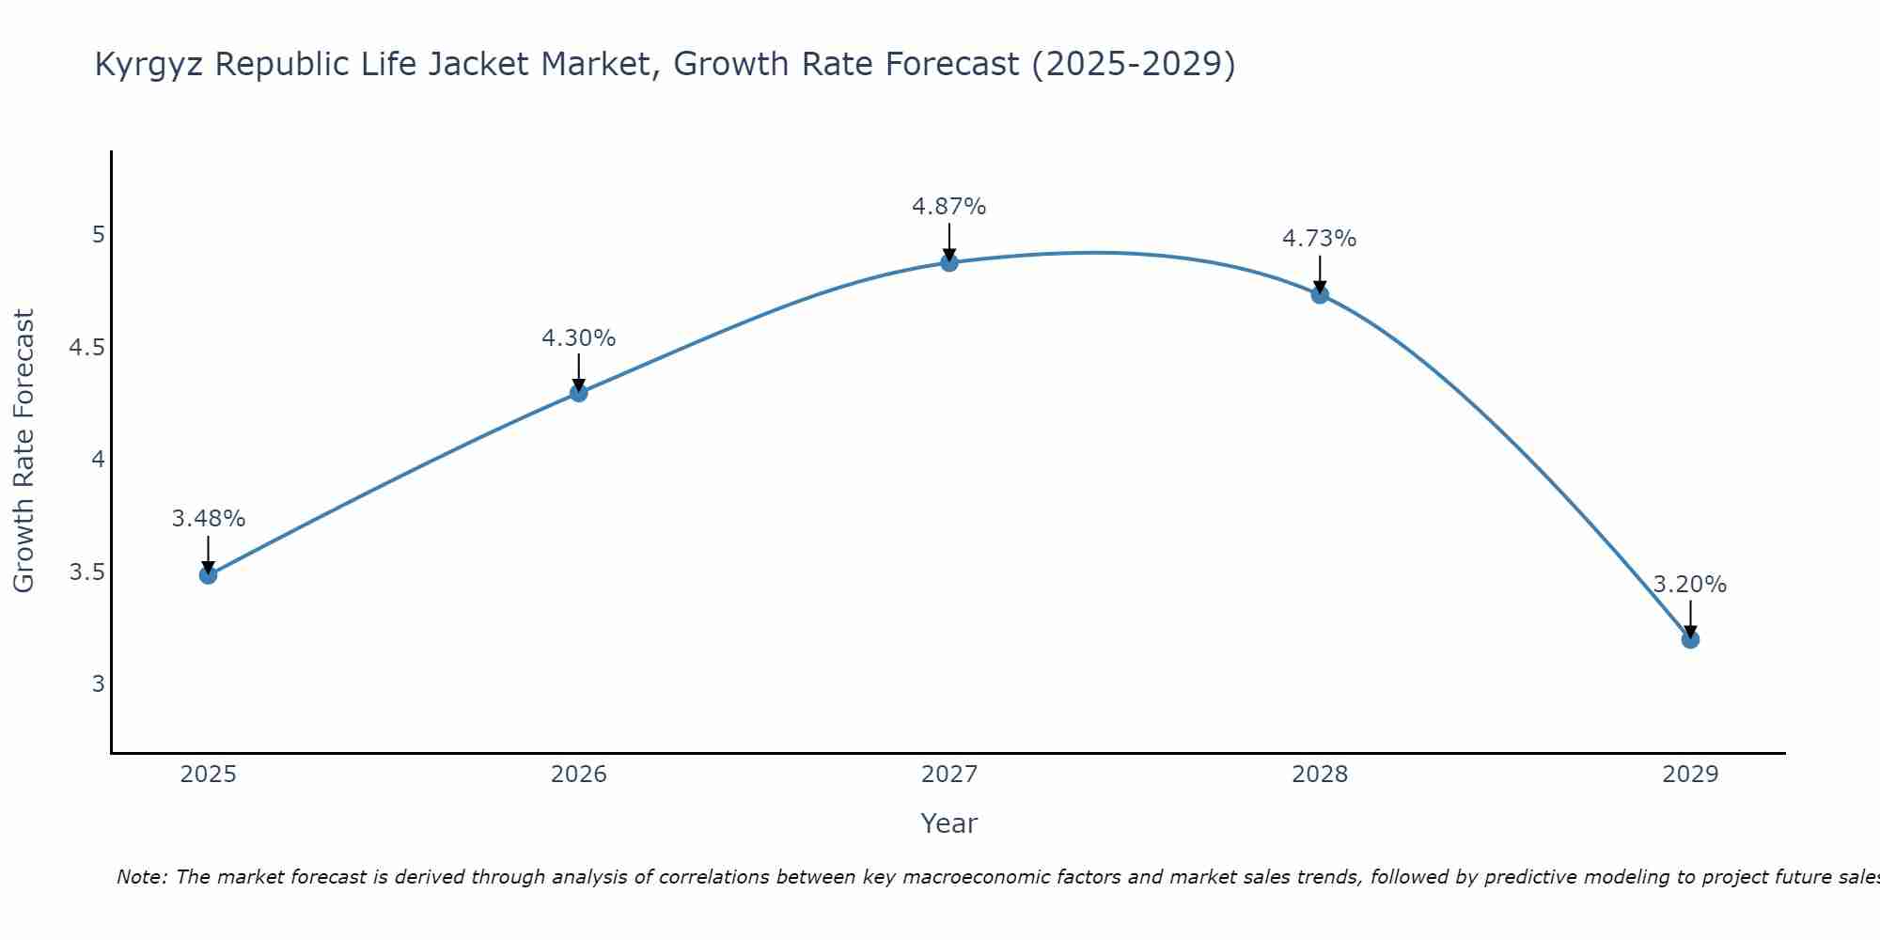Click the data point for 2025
[x=209, y=574]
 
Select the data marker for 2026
[x=579, y=393]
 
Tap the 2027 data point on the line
[x=949, y=262]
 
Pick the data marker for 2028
[x=1320, y=294]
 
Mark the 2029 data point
[x=1690, y=639]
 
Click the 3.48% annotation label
[x=209, y=519]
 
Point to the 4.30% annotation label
[x=579, y=337]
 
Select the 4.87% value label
[x=949, y=207]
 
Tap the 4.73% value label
[x=1320, y=239]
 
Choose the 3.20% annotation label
[x=1690, y=585]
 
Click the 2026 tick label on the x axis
[x=579, y=775]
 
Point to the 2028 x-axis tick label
[x=1320, y=775]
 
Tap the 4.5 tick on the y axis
[x=86, y=348]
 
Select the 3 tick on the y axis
[x=99, y=683]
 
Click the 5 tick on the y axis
[x=99, y=235]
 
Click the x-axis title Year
[x=949, y=823]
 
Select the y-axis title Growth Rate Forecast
[x=24, y=451]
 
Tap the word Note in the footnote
[x=140, y=877]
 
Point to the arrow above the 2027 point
[x=949, y=242]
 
